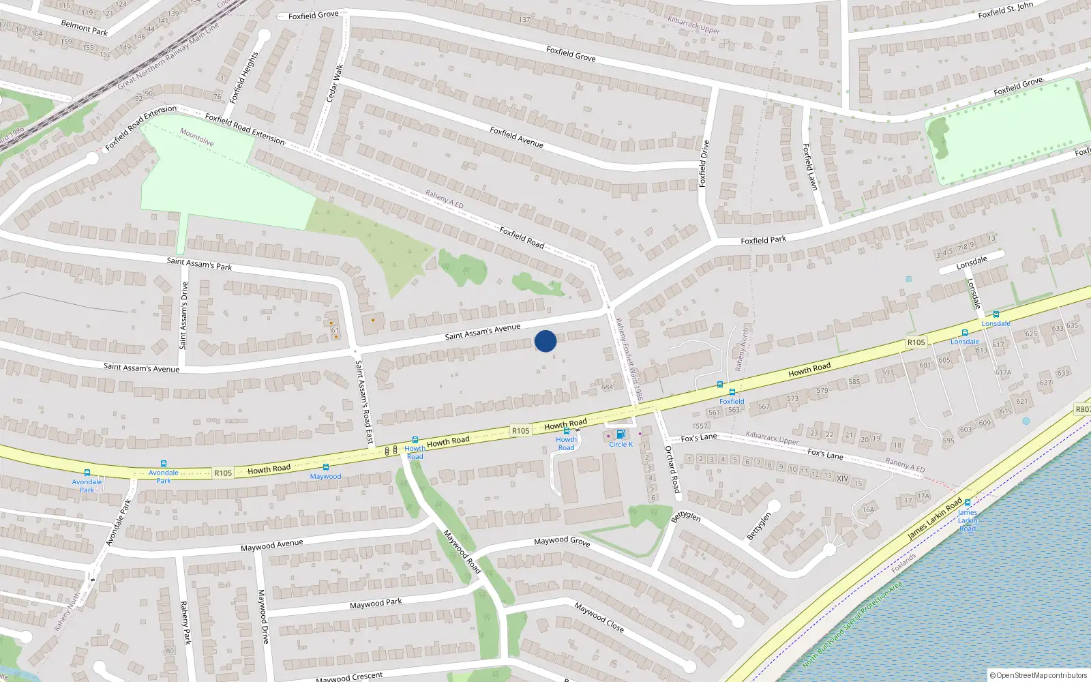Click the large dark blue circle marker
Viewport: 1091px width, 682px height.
(x=545, y=341)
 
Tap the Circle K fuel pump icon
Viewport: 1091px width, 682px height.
(x=620, y=434)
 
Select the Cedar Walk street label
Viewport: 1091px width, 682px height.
(x=335, y=84)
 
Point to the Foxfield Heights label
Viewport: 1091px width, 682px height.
(x=244, y=77)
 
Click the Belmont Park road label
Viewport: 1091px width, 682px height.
(x=85, y=27)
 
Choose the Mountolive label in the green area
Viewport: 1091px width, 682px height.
(x=197, y=138)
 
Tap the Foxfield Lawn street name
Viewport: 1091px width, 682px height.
(x=809, y=166)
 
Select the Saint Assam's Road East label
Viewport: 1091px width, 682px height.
(x=364, y=402)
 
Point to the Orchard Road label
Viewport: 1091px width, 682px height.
(x=672, y=469)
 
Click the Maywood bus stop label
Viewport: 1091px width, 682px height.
(x=325, y=477)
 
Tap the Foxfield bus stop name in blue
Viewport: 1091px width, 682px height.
(x=732, y=402)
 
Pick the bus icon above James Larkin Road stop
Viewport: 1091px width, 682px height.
(x=967, y=503)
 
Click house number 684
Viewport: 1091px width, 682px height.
(x=607, y=387)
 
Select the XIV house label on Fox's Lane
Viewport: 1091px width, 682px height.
(x=842, y=479)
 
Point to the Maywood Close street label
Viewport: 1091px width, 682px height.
(x=599, y=617)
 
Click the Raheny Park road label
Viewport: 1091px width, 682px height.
(x=185, y=622)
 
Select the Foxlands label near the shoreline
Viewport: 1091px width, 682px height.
(x=903, y=563)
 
